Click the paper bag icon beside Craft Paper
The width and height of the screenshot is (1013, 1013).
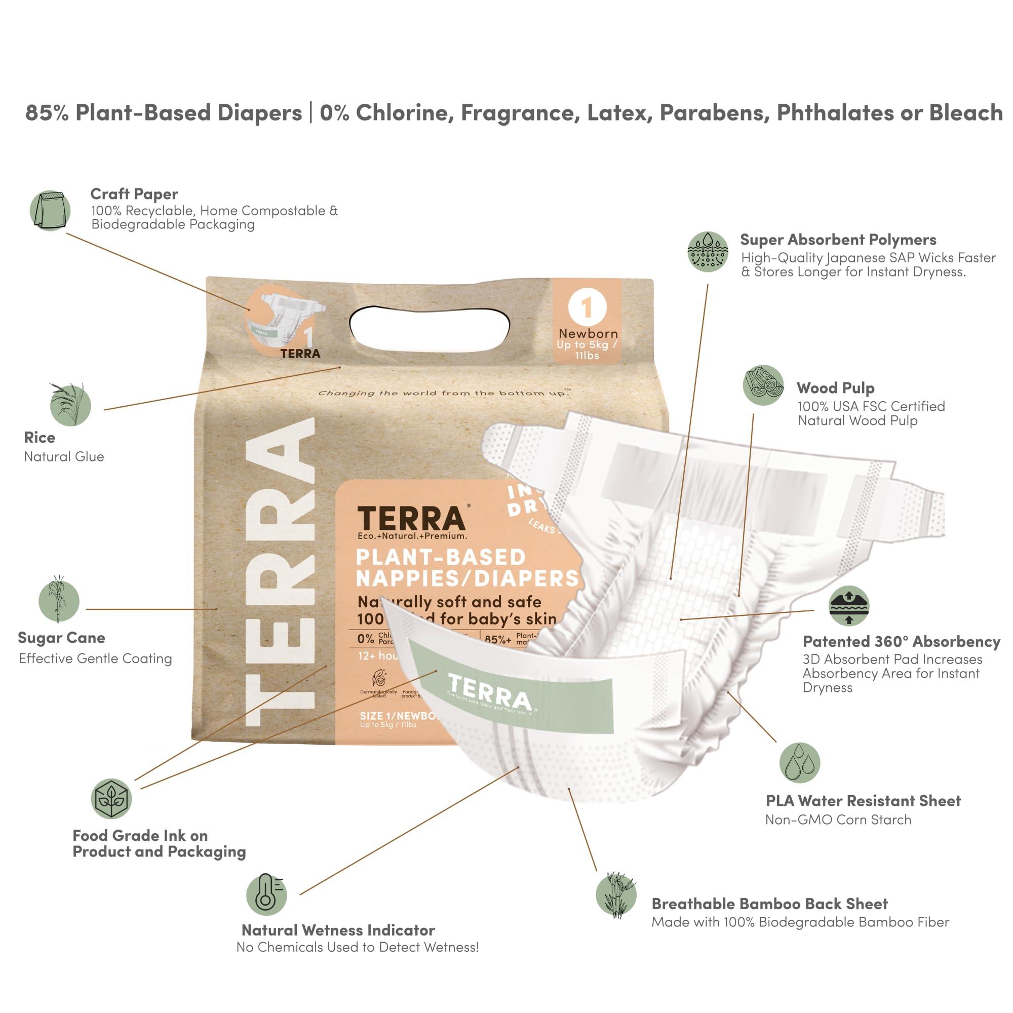[50, 210]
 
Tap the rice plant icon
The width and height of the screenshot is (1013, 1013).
[71, 404]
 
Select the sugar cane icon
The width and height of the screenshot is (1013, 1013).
[59, 601]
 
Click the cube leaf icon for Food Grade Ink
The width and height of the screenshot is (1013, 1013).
[111, 799]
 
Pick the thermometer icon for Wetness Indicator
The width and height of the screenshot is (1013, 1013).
[266, 894]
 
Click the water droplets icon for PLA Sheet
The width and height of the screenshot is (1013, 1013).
[799, 762]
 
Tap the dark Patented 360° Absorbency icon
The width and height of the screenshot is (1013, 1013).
[849, 606]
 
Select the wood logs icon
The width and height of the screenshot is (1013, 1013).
[763, 385]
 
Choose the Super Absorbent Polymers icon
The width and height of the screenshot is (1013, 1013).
[708, 252]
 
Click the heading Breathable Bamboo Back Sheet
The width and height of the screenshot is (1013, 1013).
[769, 904]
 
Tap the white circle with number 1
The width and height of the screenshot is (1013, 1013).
[586, 307]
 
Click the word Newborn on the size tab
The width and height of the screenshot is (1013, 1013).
[588, 333]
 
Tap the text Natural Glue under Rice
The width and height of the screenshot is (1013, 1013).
[64, 457]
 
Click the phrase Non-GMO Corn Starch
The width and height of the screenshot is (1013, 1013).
[838, 820]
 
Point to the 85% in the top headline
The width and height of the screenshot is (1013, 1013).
[47, 113]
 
